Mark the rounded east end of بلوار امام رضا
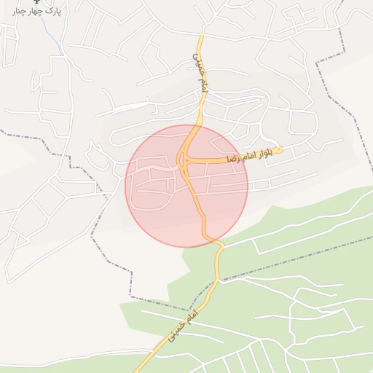(280, 150)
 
